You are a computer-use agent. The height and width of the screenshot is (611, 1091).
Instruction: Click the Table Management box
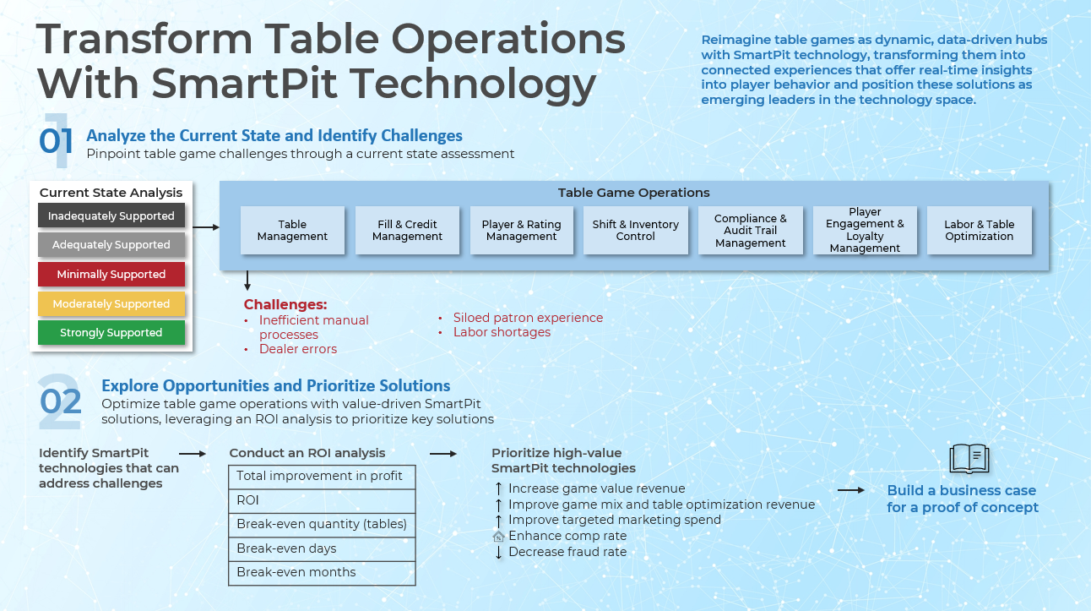292,230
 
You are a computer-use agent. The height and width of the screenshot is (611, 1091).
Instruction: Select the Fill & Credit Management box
407,230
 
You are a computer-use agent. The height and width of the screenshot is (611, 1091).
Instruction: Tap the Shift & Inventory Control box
635,230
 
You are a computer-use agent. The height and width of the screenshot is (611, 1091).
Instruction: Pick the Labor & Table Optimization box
979,230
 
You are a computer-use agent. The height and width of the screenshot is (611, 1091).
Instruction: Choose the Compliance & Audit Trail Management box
750,230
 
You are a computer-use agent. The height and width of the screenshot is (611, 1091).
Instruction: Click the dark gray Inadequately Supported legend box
111,216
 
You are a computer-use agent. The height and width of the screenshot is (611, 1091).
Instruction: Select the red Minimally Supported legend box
111,275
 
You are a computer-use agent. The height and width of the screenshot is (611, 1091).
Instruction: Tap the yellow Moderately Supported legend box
111,304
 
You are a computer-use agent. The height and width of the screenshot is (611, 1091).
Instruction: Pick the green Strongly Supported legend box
111,333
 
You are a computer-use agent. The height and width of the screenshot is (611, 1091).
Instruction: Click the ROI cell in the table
322,500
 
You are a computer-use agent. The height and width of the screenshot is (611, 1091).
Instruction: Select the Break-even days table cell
322,548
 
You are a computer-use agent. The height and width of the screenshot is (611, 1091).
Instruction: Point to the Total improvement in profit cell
322,476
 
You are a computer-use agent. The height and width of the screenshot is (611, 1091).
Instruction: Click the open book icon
969,459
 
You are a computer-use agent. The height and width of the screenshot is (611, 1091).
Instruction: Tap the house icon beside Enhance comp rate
499,536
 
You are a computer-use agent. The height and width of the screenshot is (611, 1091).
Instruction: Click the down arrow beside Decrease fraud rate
499,552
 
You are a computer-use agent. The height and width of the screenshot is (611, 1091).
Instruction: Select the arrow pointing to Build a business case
850,490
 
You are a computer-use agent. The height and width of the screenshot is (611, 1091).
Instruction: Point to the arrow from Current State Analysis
206,227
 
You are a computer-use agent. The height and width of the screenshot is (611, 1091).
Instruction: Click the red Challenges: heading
285,304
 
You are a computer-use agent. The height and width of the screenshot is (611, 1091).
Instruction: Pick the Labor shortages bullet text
502,332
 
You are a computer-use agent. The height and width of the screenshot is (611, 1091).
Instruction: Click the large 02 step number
61,400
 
